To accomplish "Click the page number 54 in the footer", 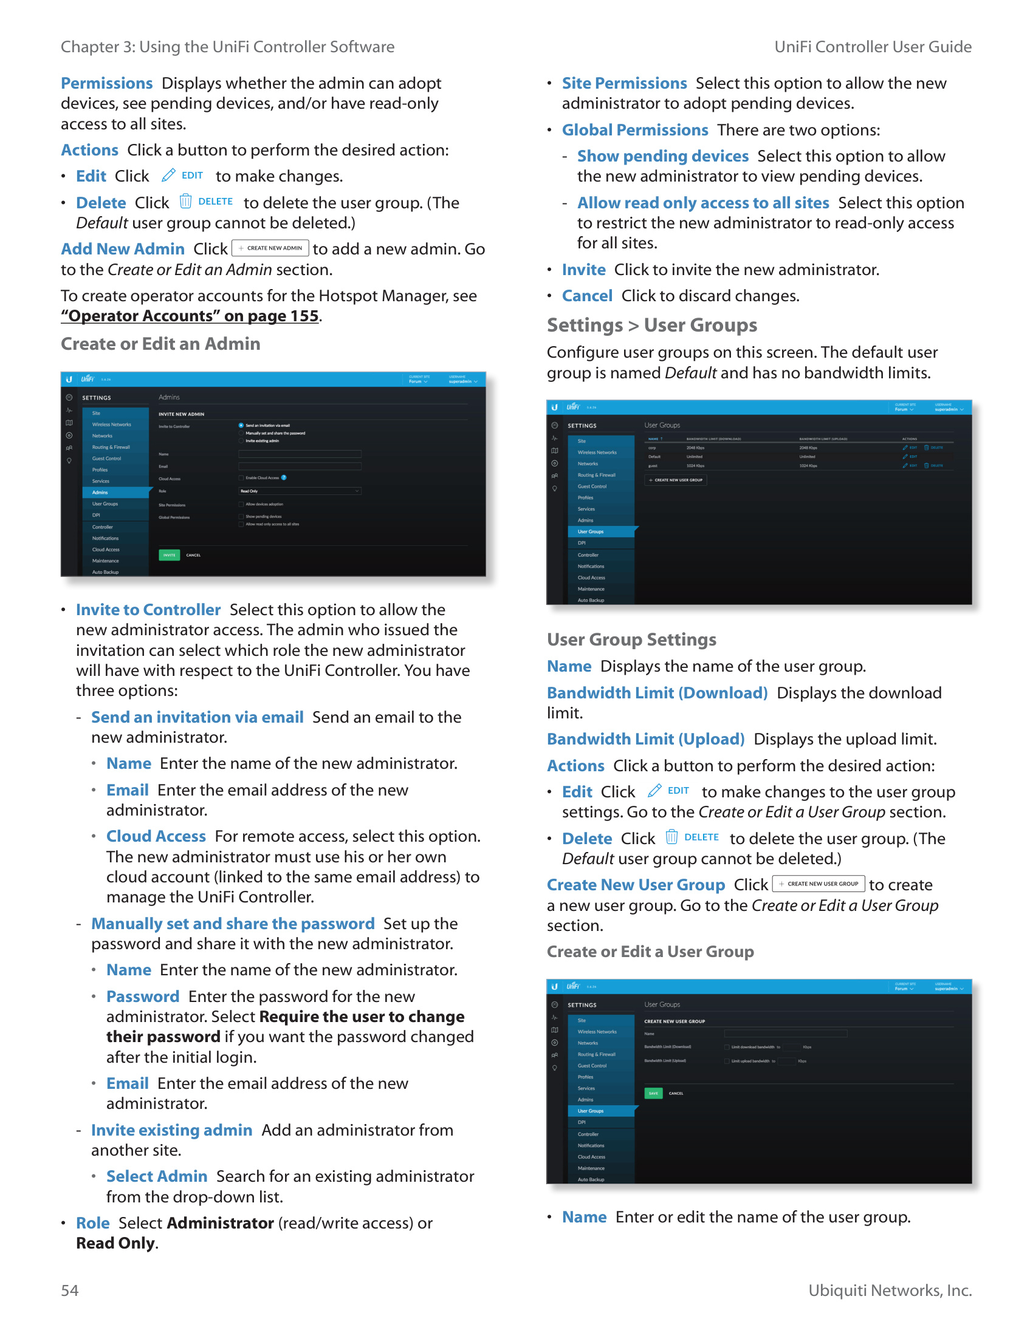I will pos(69,1290).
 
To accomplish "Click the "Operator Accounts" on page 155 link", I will pos(190,316).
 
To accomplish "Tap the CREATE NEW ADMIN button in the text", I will pos(270,248).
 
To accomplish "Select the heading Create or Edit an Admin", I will pos(160,344).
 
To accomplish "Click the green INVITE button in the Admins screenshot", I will pos(169,555).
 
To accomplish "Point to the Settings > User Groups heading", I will pos(652,325).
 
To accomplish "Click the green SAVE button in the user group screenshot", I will pos(653,1093).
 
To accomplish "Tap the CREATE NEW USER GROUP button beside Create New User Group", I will pos(819,884).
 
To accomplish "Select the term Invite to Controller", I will pos(148,610).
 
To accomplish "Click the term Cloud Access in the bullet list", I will pos(156,836).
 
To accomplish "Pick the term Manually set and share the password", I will pos(233,924).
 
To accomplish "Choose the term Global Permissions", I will pos(634,131).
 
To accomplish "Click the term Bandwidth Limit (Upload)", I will pos(645,739).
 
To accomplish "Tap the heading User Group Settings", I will pos(631,640).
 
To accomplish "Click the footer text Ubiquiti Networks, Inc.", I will pos(890,1290).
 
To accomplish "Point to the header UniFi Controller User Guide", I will pos(873,47).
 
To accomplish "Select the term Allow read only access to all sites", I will pos(703,203).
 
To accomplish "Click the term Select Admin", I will pos(157,1176).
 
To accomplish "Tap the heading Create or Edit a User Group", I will pos(650,952).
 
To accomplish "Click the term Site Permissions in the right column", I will pos(624,84).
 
